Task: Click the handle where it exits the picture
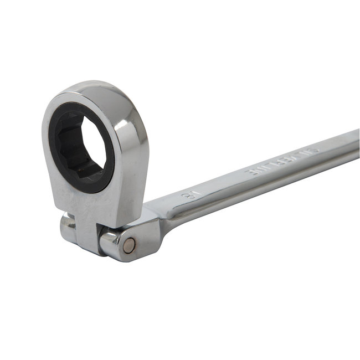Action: pyautogui.click(x=354, y=147)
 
